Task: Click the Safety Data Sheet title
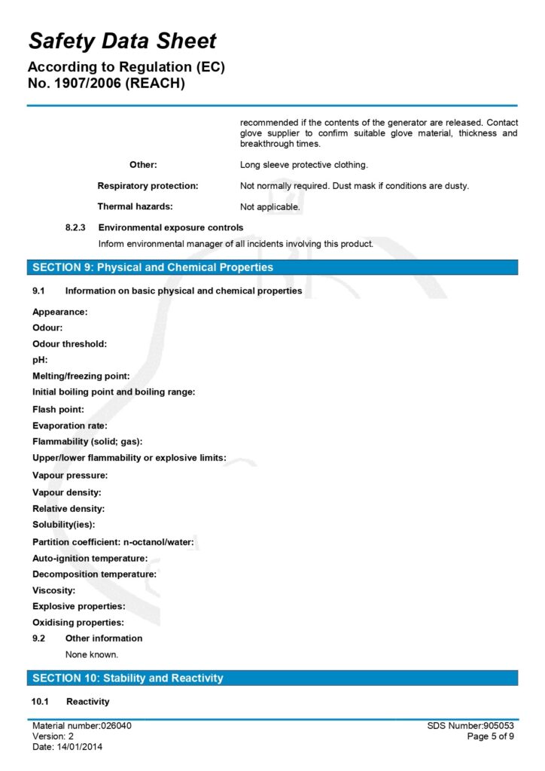(122, 41)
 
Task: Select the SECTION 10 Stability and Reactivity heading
(127, 678)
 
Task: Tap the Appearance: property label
(60, 312)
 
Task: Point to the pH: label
(40, 360)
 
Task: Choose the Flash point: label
(58, 410)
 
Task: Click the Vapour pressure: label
(70, 476)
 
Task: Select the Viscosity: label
(53, 590)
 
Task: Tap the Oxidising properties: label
(78, 623)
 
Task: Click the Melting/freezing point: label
(81, 376)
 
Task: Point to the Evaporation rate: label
(70, 425)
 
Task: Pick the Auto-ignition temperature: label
(90, 558)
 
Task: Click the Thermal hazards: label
(135, 206)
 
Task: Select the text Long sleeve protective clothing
(303, 164)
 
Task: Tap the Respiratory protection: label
(148, 185)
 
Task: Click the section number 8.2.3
(76, 227)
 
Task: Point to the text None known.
(92, 654)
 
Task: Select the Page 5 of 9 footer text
(490, 736)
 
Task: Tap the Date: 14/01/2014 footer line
(68, 747)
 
